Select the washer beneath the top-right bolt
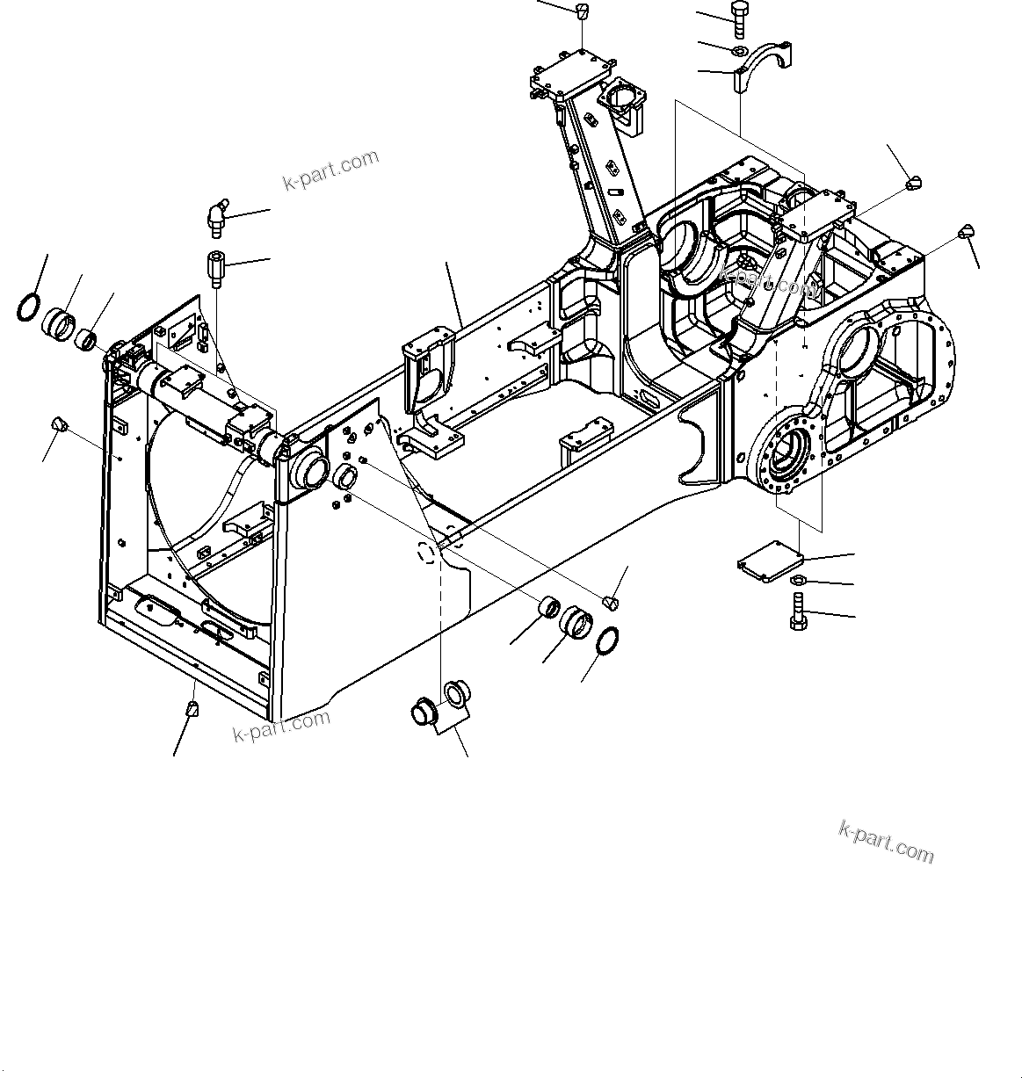[740, 50]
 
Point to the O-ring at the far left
[29, 308]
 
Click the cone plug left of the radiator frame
[60, 424]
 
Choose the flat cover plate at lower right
[770, 559]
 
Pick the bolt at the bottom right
[798, 611]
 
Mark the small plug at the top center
[581, 11]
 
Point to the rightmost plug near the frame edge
[966, 232]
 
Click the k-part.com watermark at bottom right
[887, 842]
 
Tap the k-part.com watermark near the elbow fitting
[330, 170]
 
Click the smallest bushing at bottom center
[549, 607]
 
